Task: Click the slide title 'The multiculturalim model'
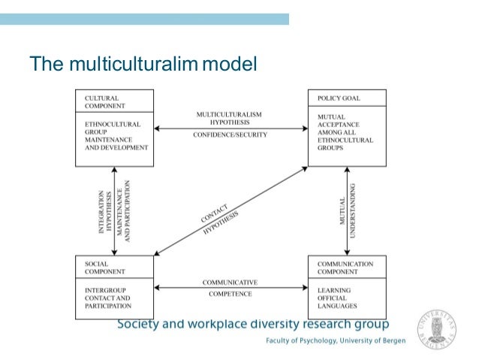tap(143, 64)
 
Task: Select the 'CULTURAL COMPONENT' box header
tap(101, 102)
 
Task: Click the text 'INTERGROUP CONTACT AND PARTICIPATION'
tap(108, 298)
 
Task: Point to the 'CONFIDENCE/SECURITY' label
tap(230, 135)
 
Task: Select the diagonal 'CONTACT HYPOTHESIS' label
tap(219, 219)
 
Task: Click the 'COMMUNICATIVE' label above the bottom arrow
tap(230, 282)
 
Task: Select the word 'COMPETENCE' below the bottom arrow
tap(230, 294)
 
